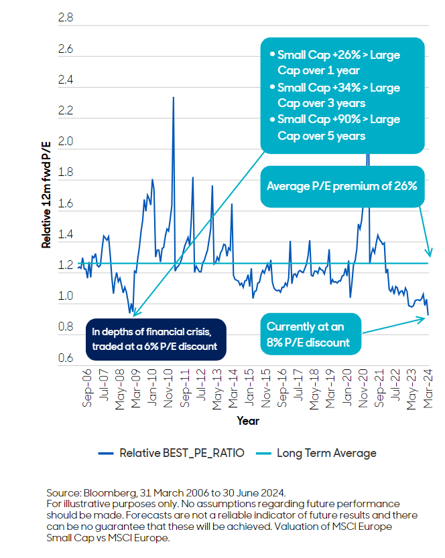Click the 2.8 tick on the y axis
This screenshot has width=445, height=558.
click(66, 18)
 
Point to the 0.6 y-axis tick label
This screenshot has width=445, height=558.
click(66, 359)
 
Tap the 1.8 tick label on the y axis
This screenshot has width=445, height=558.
click(66, 173)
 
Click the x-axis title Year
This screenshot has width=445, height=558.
click(247, 421)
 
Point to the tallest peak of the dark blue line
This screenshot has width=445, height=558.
click(174, 98)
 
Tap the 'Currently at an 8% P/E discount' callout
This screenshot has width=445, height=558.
click(309, 334)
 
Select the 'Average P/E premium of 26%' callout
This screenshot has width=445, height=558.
click(342, 186)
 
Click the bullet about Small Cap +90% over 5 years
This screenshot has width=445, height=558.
click(340, 127)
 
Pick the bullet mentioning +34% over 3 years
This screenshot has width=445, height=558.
click(340, 96)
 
